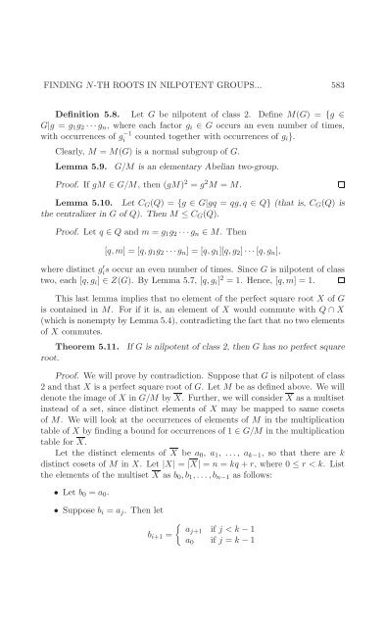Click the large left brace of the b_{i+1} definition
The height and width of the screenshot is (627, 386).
(171, 589)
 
